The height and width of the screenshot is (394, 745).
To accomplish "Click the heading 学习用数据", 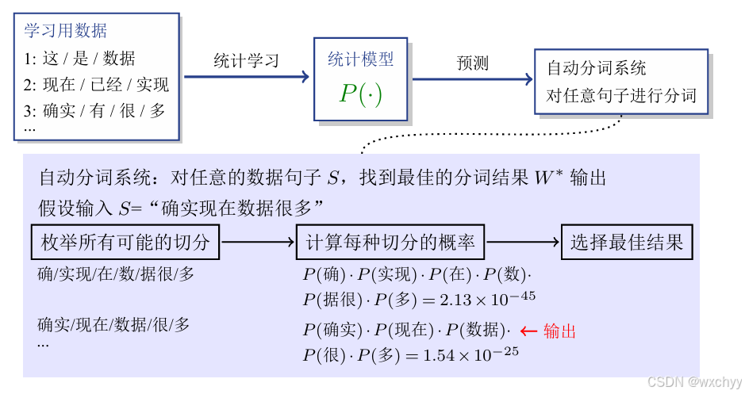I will tap(66, 32).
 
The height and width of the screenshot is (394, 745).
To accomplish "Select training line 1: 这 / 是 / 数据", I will tap(79, 58).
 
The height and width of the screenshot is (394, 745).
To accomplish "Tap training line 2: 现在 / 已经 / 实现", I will tap(96, 84).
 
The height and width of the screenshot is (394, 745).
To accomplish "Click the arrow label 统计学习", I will tap(246, 61).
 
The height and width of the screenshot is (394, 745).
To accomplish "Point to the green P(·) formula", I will tap(360, 94).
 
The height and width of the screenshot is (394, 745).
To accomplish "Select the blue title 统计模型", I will tap(360, 59).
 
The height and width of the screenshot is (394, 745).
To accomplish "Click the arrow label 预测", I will tap(473, 63).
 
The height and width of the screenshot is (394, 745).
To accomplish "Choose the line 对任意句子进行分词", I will tap(620, 96).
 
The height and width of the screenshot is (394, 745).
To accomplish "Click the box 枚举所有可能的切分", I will tap(125, 243).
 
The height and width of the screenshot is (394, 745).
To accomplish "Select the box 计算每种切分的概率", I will tap(390, 243).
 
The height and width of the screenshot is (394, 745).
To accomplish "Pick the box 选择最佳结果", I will tap(627, 243).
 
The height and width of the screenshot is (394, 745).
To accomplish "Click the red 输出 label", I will tap(559, 331).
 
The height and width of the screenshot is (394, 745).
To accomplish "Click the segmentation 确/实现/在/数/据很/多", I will tap(116, 274).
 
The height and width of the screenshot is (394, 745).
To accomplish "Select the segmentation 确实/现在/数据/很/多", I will tap(113, 324).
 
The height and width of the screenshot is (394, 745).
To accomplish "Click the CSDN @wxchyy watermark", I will tap(693, 381).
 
